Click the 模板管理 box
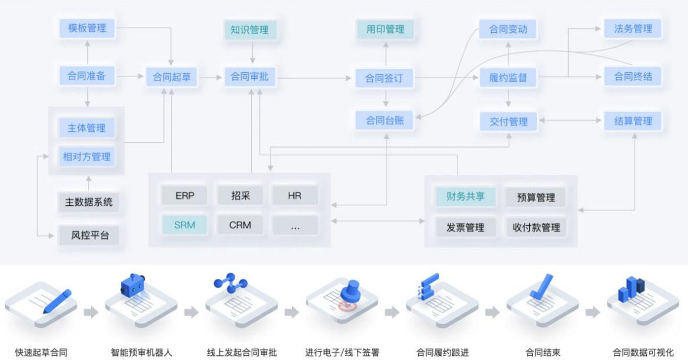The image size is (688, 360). tap(86, 28)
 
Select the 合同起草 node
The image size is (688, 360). tap(172, 76)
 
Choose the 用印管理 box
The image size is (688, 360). tap(385, 28)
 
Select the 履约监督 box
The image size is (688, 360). tap(508, 77)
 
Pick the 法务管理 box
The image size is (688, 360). tap(633, 28)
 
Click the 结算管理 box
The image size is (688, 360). tap(633, 121)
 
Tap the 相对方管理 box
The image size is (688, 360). tap(86, 156)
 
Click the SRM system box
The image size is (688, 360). tap(185, 225)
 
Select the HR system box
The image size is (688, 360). tap(295, 195)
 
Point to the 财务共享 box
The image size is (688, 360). tap(465, 196)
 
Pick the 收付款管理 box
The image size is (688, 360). tap(536, 227)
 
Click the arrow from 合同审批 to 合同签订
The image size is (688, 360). tap(315, 77)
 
